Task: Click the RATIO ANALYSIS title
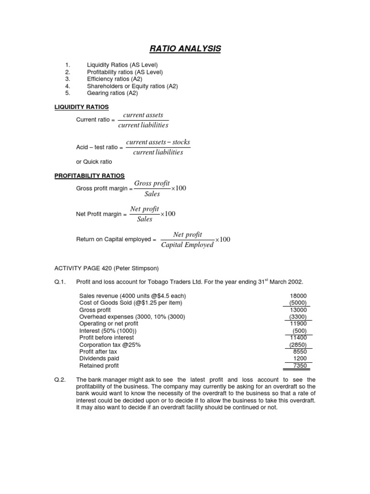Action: point(185,48)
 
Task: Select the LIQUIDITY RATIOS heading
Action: point(81,107)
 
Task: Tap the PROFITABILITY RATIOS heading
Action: point(89,176)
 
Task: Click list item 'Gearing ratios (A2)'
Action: point(112,93)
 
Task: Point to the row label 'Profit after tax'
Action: point(98,352)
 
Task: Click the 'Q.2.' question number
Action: point(60,380)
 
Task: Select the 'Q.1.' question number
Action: point(60,282)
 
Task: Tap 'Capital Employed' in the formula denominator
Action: point(187,245)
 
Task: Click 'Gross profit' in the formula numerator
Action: point(152,183)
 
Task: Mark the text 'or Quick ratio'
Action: point(93,162)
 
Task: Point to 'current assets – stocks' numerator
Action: point(158,142)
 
